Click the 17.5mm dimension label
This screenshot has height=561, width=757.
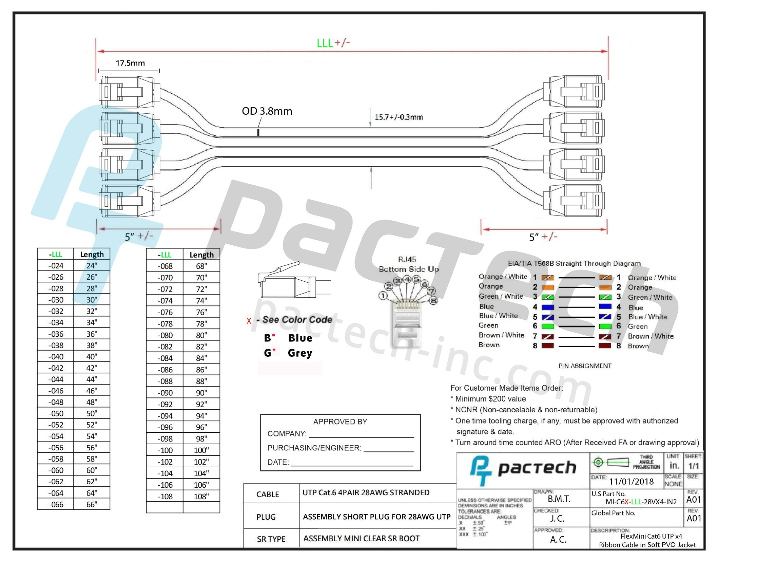click(x=130, y=63)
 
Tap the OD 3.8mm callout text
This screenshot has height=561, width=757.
click(x=267, y=111)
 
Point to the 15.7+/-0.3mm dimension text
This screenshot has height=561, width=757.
click(x=399, y=117)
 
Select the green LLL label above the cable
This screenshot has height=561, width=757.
click(x=324, y=43)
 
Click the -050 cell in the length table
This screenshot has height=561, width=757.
click(x=56, y=414)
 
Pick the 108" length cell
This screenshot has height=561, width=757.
click(x=201, y=497)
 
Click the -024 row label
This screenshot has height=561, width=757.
click(x=56, y=266)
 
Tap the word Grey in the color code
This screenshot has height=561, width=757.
click(x=300, y=353)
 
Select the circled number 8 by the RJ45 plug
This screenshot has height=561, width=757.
click(x=433, y=301)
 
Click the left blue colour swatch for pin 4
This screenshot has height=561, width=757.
click(x=548, y=307)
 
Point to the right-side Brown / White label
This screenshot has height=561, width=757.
click(x=651, y=336)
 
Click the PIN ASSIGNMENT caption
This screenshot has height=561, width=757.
click(x=585, y=366)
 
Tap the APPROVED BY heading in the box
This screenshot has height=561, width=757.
click(x=340, y=422)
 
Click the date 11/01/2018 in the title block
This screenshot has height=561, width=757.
click(x=631, y=482)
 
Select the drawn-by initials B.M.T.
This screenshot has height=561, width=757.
click(x=559, y=499)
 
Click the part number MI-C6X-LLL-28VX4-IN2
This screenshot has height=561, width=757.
click(x=641, y=502)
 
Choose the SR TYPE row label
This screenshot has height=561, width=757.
click(x=271, y=539)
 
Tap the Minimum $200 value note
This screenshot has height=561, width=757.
click(x=490, y=399)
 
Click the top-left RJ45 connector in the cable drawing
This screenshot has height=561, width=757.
click(x=128, y=92)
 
